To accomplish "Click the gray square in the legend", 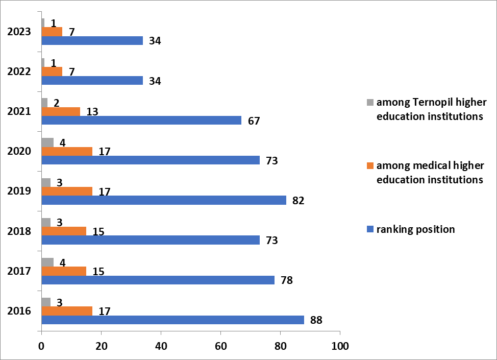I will pyautogui.click(x=370, y=102).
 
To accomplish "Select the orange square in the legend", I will pyautogui.click(x=370, y=165).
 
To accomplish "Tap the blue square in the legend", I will pyautogui.click(x=370, y=229).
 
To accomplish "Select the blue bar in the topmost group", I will pyautogui.click(x=92, y=40).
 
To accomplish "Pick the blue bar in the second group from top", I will pyautogui.click(x=92, y=80).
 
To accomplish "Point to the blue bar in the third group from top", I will pyautogui.click(x=141, y=120).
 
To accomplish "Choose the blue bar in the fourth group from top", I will pyautogui.click(x=151, y=160).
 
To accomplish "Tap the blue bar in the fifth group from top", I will pyautogui.click(x=164, y=200).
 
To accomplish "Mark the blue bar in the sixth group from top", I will pyautogui.click(x=151, y=240).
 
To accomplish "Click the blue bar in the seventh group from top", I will pyautogui.click(x=158, y=280).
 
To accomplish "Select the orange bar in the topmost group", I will pyautogui.click(x=52, y=32).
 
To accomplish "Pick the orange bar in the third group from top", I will pyautogui.click(x=61, y=111).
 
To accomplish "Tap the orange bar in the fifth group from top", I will pyautogui.click(x=67, y=191).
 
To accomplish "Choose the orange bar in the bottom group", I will pyautogui.click(x=67, y=311).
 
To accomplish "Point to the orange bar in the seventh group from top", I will pyautogui.click(x=64, y=271).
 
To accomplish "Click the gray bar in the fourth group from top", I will pyautogui.click(x=47, y=142).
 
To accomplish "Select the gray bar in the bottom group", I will pyautogui.click(x=46, y=302).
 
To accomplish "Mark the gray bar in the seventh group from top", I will pyautogui.click(x=47, y=262).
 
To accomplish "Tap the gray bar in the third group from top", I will pyautogui.click(x=44, y=103).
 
